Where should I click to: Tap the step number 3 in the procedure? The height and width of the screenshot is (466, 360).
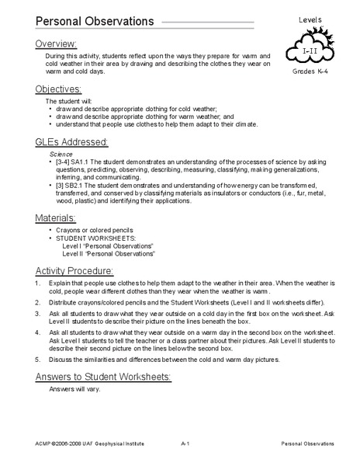pos(39,312)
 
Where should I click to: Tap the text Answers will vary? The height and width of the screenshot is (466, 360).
pos(76,390)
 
